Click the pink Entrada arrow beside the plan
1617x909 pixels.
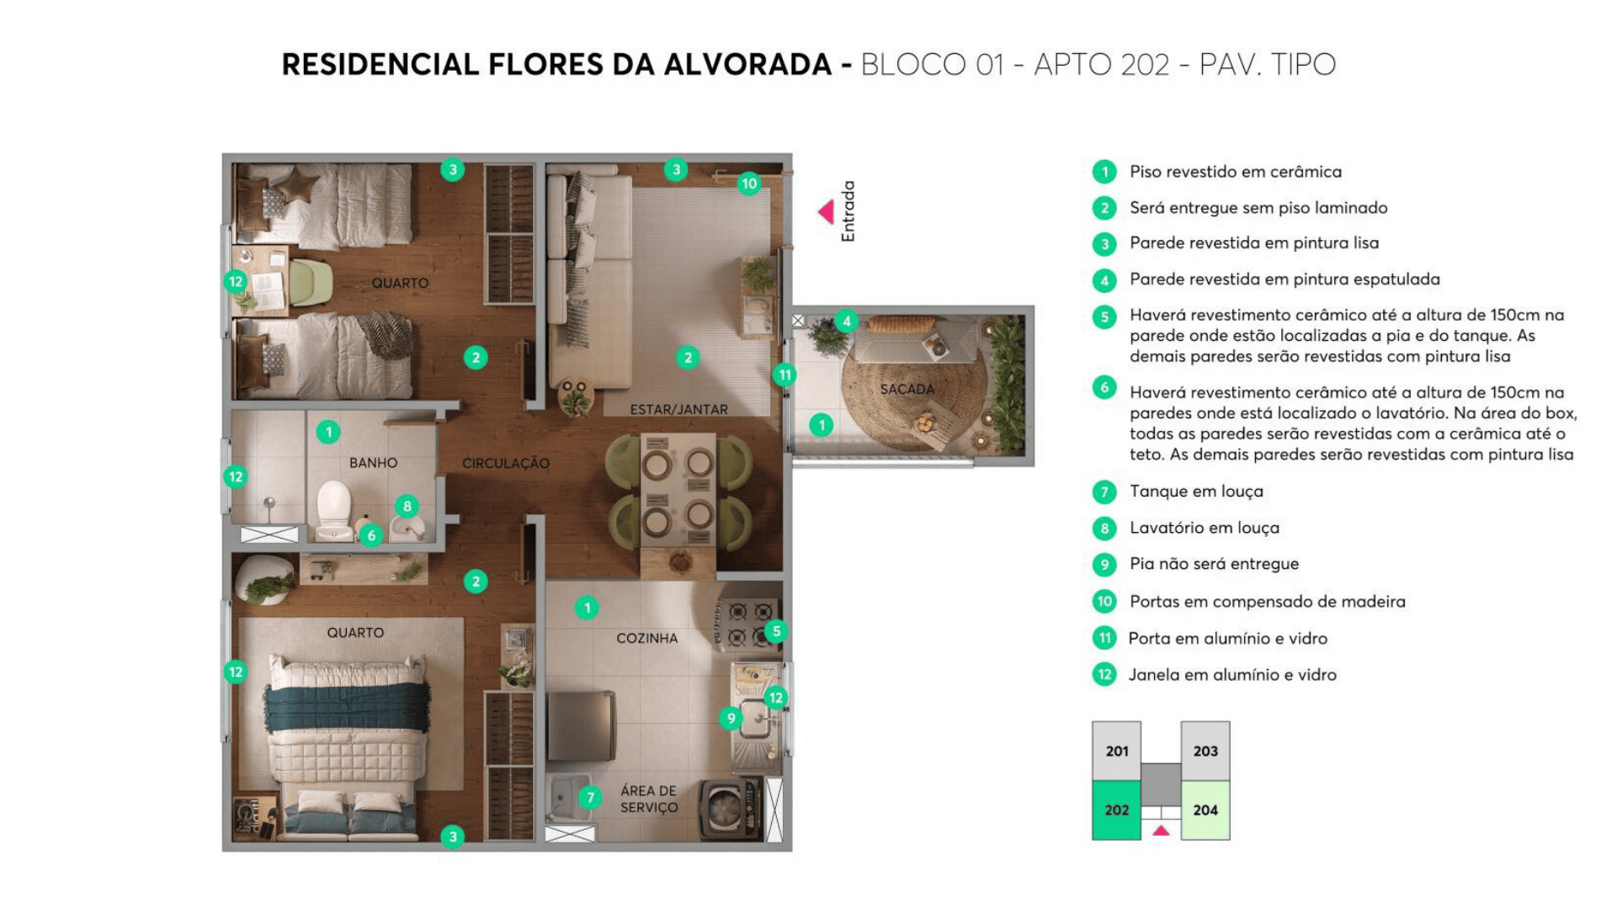pyautogui.click(x=827, y=211)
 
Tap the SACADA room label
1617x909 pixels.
pyautogui.click(x=907, y=389)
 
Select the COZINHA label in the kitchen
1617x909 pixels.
pyautogui.click(x=646, y=638)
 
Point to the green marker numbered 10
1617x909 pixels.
pyautogui.click(x=748, y=183)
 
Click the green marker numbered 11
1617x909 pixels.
pyautogui.click(x=785, y=375)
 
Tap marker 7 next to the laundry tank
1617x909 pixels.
pyautogui.click(x=590, y=797)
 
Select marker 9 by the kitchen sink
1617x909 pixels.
pyautogui.click(x=731, y=718)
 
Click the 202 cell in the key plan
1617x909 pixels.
pyautogui.click(x=1116, y=810)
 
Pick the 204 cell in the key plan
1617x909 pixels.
pyautogui.click(x=1205, y=810)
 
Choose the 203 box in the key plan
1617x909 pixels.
pyautogui.click(x=1205, y=751)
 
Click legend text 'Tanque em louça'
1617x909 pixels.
pyautogui.click(x=1195, y=492)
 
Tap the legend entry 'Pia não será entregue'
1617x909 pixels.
pyautogui.click(x=1214, y=564)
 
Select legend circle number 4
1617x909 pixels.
pyautogui.click(x=1104, y=279)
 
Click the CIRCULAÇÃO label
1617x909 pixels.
pyautogui.click(x=505, y=463)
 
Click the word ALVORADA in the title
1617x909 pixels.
pyautogui.click(x=747, y=65)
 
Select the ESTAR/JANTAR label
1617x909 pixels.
pyautogui.click(x=678, y=410)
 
